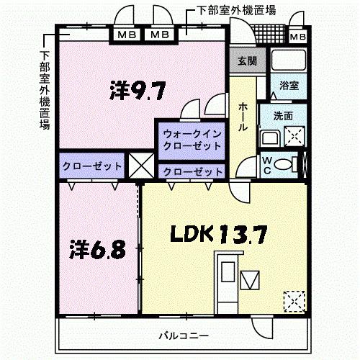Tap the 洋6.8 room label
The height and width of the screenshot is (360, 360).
click(x=98, y=249)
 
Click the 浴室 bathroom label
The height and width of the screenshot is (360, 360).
click(x=289, y=85)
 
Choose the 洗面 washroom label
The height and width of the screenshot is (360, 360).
click(x=283, y=115)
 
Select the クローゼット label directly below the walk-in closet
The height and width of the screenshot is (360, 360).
click(x=191, y=171)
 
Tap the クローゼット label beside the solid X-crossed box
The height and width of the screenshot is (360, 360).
click(x=91, y=165)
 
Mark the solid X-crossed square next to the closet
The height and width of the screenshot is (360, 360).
click(x=140, y=165)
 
